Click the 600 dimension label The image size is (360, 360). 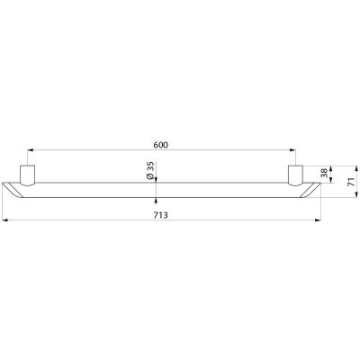pos(161,145)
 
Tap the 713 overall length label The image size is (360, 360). pos(161,215)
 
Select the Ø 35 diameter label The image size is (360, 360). pos(150,171)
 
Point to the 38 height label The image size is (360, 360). pos(324,173)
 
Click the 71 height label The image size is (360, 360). pos(351,182)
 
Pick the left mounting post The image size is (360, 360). pos(28,175)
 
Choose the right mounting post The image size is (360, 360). pos(296,175)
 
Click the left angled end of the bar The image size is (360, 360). pos(13,190)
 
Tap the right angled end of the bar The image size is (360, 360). pos(310,190)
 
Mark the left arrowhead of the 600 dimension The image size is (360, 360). pos(30,149)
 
